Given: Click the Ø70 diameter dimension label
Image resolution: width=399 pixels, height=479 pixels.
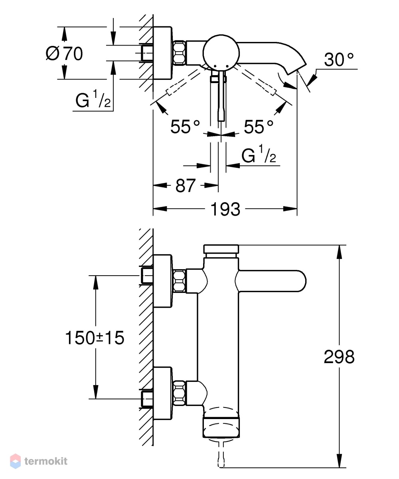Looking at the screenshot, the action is [64, 54].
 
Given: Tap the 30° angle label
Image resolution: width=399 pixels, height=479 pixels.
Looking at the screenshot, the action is [339, 60].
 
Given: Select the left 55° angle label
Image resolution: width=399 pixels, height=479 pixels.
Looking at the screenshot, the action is [185, 127].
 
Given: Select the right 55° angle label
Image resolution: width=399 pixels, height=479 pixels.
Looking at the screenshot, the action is [259, 127].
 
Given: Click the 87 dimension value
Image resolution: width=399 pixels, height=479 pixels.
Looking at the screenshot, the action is [186, 185].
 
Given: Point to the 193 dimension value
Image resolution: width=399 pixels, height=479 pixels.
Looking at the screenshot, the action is [225, 209].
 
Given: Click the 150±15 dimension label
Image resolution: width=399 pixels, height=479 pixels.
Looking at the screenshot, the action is [95, 338].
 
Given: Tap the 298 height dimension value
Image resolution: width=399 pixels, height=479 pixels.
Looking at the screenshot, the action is [339, 356].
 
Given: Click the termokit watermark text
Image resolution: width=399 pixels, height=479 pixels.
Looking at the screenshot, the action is [46, 461].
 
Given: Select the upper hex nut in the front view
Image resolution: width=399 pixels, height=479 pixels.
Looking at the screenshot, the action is [180, 280].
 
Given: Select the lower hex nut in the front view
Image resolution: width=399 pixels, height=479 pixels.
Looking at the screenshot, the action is [180, 393].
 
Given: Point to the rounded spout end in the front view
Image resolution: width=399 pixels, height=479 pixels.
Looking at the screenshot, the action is [300, 281].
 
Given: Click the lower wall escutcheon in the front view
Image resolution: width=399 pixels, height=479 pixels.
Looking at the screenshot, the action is [162, 394].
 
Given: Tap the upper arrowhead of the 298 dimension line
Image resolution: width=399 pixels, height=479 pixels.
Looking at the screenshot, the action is [339, 252].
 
